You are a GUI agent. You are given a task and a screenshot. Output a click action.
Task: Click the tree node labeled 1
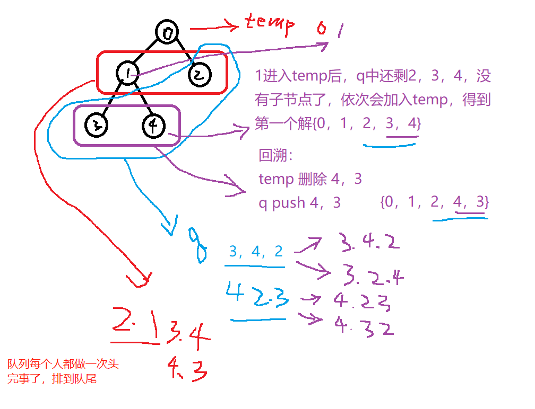tap(126, 73)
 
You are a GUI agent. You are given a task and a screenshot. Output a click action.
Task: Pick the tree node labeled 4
tap(154, 126)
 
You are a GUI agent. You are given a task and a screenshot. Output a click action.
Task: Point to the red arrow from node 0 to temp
tap(212, 26)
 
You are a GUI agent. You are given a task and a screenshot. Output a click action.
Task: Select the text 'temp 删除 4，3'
tap(310, 179)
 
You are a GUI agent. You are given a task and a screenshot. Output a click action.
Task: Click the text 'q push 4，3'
tap(300, 202)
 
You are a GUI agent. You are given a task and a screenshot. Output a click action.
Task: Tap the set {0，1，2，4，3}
tap(434, 202)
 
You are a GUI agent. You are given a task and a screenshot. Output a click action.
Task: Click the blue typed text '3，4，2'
tap(256, 252)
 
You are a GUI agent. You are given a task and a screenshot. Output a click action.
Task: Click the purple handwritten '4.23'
tap(362, 303)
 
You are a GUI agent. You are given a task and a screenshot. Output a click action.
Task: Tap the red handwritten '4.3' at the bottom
tap(186, 368)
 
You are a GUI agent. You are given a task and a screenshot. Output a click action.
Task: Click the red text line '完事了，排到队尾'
tap(52, 379)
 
